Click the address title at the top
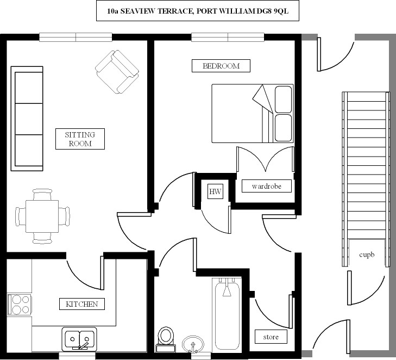[x=198, y=10]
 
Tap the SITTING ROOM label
[x=80, y=139]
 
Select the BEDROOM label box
[x=221, y=66]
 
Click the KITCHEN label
[x=81, y=304]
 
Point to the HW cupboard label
[x=216, y=191]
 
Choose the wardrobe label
[x=266, y=186]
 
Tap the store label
[x=271, y=337]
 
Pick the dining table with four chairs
[x=43, y=216]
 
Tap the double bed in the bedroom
[x=252, y=113]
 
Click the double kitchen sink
[x=79, y=339]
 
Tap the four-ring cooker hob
[x=19, y=305]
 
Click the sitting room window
[x=76, y=37]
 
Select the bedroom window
[x=228, y=37]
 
